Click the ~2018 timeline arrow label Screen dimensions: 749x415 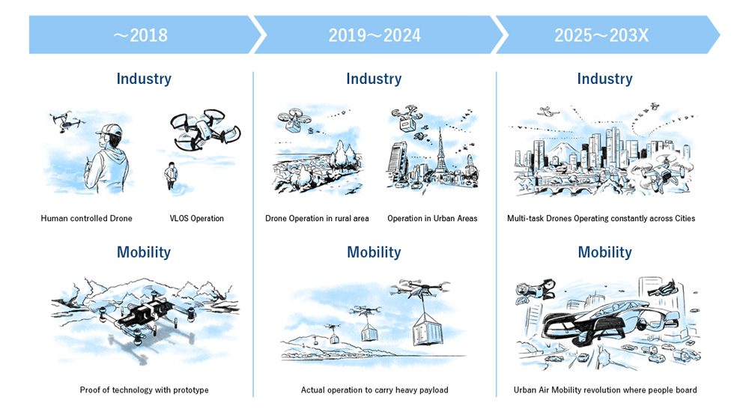[x=141, y=35]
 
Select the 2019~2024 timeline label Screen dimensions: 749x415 [x=374, y=35]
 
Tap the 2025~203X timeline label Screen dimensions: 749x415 [x=601, y=35]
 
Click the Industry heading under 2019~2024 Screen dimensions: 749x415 [x=374, y=79]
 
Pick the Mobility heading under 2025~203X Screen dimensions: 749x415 [x=604, y=252]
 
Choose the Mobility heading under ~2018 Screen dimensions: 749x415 [x=144, y=252]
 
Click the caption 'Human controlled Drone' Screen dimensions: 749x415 [x=86, y=218]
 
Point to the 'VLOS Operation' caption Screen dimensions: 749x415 [x=197, y=218]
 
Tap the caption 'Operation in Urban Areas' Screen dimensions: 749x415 [x=432, y=218]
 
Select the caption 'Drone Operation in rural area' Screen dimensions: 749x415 [x=317, y=218]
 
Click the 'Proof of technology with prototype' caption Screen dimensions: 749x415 [x=145, y=390]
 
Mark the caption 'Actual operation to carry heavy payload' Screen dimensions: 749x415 [x=374, y=390]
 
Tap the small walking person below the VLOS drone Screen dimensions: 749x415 [x=171, y=175]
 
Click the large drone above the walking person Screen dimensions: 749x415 [x=205, y=130]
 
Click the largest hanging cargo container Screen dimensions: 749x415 [x=428, y=329]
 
